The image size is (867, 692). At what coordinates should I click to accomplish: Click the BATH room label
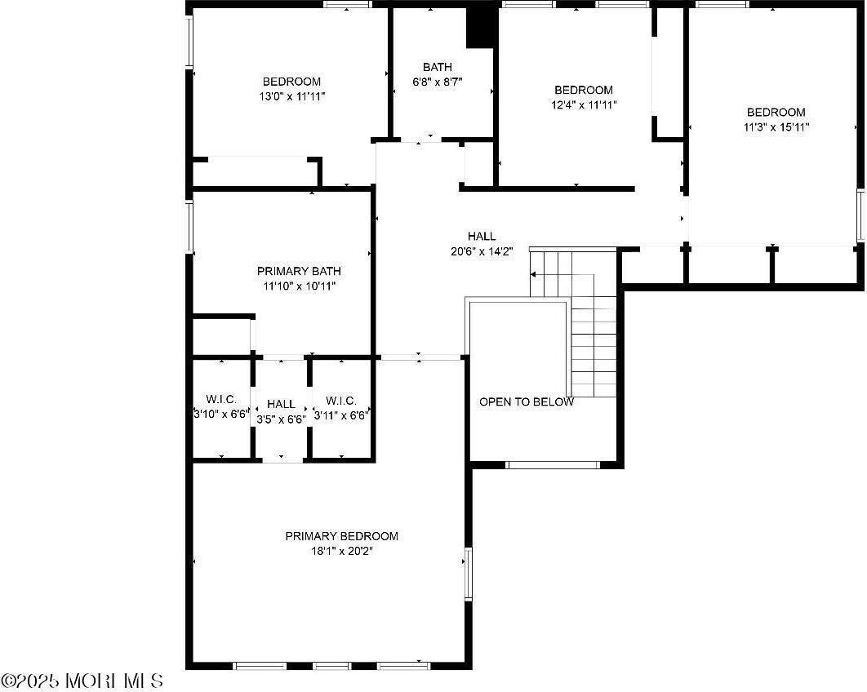pos(438,67)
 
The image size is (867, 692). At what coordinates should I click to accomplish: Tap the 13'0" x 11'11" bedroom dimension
pos(292,96)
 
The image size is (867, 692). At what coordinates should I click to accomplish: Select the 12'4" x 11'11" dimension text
pos(584,104)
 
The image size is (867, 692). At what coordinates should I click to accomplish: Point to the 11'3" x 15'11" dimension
pos(776,126)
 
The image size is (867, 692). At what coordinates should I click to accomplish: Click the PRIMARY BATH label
pos(299,271)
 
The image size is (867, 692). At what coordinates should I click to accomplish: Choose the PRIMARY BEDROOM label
pos(342,535)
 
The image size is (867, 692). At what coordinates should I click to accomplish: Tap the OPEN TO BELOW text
pos(527,401)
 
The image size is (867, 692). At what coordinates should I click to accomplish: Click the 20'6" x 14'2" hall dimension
pos(482,251)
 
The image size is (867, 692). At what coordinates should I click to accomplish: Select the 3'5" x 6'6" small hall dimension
pos(282,419)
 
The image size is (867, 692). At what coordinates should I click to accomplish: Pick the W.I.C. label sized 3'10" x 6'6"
pos(221,399)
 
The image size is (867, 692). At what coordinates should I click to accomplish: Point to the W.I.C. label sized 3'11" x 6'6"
pos(341,400)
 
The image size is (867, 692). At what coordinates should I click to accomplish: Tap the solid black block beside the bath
pos(480,28)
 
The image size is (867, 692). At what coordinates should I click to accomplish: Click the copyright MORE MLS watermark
pos(82,681)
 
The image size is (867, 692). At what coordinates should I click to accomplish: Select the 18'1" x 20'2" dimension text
pos(342,551)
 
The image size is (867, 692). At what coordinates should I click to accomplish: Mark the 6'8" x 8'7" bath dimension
pos(438,82)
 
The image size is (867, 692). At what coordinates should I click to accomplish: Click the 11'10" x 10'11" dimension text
pos(299,286)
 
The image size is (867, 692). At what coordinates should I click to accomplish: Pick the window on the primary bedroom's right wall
pos(469,573)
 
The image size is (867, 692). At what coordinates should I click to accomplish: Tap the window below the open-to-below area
pos(553,465)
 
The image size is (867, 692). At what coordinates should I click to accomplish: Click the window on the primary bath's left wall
pos(189,227)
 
